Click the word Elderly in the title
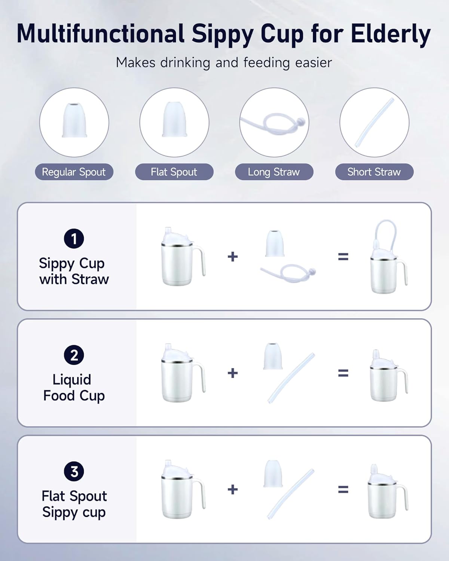coord(390,34)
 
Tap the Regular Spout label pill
coord(74,172)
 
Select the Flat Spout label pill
coord(174,172)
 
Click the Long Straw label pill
coord(274,172)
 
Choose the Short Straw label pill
coord(374,172)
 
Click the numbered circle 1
coord(74,239)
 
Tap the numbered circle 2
coord(74,355)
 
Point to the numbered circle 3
coord(74,471)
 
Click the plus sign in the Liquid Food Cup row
coord(233,373)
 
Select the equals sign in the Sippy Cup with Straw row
coord(343,257)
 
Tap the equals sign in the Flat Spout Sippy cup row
coord(343,489)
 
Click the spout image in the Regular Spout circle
coord(74,120)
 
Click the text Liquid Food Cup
coord(74,387)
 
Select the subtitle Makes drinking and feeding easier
coord(224,62)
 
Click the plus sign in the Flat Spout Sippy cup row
coord(233,489)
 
